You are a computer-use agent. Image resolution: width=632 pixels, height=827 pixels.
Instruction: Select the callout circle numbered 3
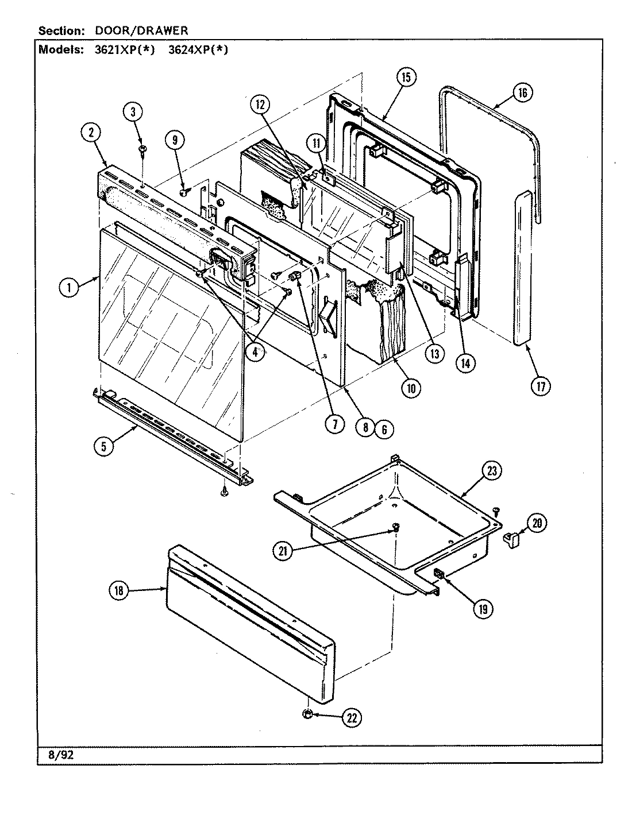point(133,113)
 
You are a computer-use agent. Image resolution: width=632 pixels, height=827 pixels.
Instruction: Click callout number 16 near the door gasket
point(522,93)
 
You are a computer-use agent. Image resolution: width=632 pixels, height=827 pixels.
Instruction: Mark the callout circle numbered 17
point(540,386)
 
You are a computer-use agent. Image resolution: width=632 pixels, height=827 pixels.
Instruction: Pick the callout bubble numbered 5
point(103,446)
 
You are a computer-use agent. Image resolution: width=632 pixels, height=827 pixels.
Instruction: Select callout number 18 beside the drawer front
point(119,592)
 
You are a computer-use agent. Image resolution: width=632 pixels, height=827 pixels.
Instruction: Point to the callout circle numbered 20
point(536,523)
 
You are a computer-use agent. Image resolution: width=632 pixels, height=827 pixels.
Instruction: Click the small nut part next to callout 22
point(307,714)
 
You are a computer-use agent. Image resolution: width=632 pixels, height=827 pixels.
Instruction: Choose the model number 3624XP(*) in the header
point(198,49)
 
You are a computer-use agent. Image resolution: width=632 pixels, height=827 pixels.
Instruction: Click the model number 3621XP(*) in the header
point(125,49)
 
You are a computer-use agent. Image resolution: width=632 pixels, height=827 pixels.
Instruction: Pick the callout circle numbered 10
point(410,388)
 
